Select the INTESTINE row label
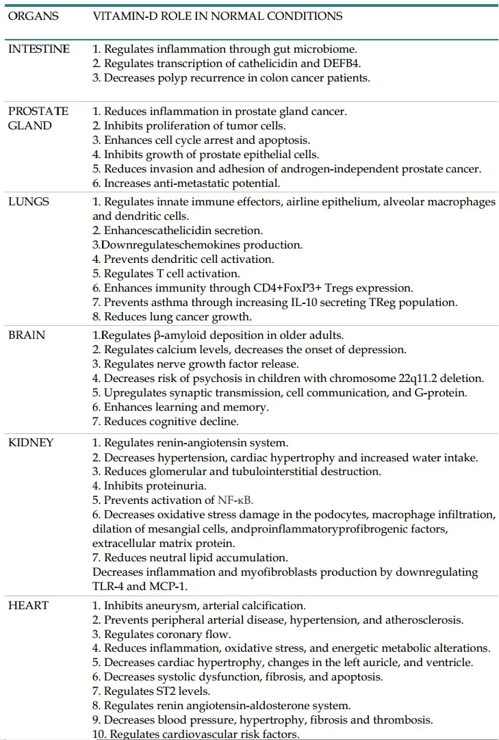coord(38,49)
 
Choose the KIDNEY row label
coord(31,442)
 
